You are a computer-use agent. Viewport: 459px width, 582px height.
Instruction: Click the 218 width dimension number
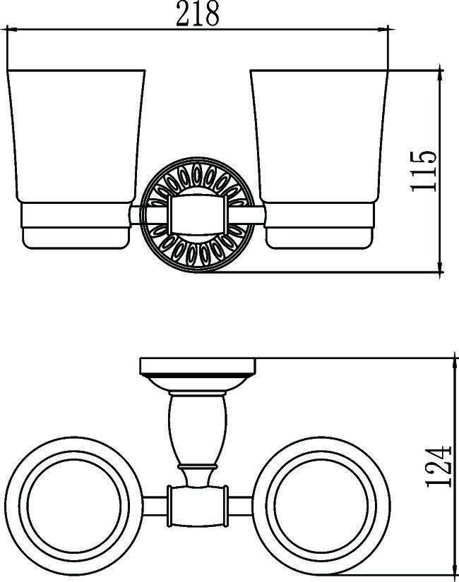pyautogui.click(x=198, y=13)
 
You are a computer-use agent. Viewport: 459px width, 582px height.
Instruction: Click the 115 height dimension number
pyautogui.click(x=423, y=171)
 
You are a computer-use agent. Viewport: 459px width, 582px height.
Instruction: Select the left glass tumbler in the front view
pyautogui.click(x=76, y=136)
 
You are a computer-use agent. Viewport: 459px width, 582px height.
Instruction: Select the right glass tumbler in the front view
pyautogui.click(x=319, y=136)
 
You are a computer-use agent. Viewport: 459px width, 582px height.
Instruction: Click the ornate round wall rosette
pyautogui.click(x=198, y=214)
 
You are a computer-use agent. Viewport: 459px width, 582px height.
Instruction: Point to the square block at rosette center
pyautogui.click(x=198, y=215)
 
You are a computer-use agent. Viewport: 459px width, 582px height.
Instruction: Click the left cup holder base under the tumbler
pyautogui.click(x=76, y=226)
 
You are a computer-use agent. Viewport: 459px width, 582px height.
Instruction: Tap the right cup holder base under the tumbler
pyautogui.click(x=320, y=226)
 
